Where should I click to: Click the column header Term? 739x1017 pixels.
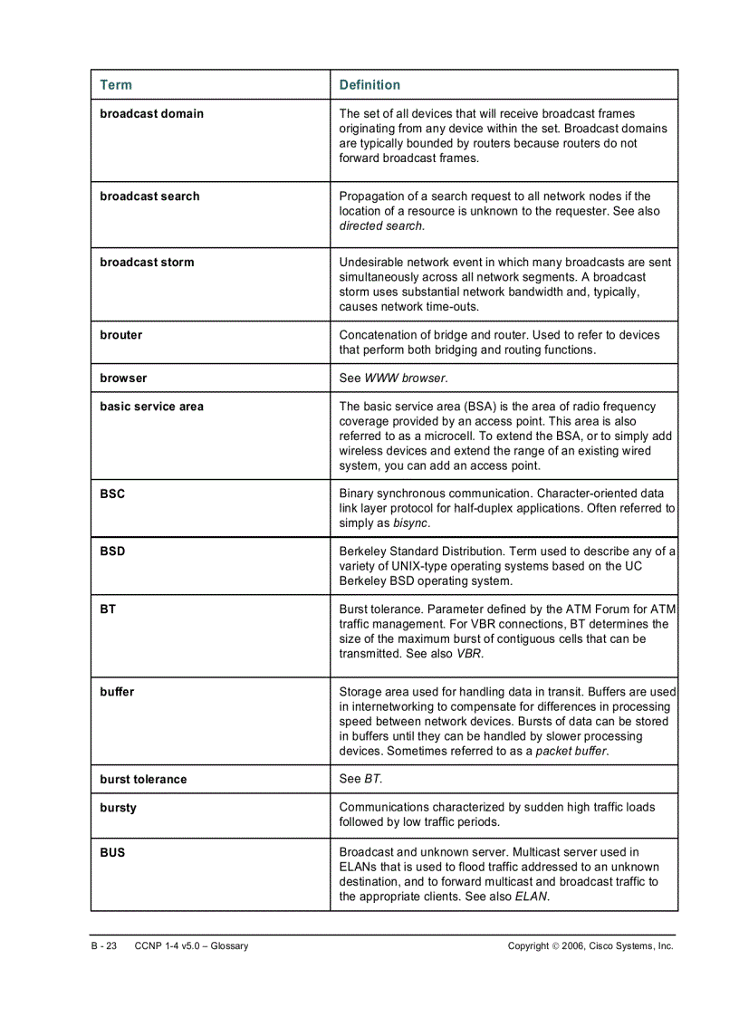pos(116,85)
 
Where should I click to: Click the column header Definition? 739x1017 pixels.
pos(369,85)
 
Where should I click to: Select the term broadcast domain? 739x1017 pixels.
pos(151,114)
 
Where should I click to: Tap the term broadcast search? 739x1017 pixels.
pos(149,197)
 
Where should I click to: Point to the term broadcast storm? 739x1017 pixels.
pos(147,263)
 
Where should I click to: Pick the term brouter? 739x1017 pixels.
pos(120,335)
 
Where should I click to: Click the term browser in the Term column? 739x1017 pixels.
pos(123,379)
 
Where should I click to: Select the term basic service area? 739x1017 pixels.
pos(151,407)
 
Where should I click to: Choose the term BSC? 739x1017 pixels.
pos(112,494)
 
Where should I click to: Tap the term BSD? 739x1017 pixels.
pos(112,552)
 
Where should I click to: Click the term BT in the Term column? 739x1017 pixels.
pos(108,610)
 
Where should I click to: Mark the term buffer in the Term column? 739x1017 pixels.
pos(117,693)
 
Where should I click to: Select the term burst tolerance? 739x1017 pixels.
pos(143,780)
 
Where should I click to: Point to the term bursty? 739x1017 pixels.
pos(119,808)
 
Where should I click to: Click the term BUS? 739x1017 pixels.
pos(112,853)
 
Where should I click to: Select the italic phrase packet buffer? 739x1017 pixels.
pos(571,752)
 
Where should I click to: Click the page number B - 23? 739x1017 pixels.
pos(104,946)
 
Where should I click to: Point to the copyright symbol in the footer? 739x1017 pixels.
pos(554,946)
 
